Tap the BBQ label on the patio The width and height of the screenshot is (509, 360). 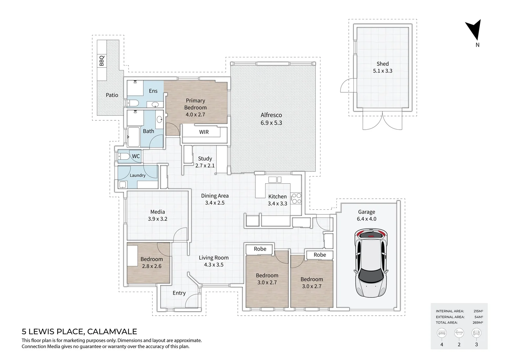point(102,61)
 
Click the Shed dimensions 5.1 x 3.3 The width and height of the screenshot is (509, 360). point(382,71)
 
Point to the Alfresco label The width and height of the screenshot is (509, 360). point(271,115)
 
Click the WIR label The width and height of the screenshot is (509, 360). point(204,132)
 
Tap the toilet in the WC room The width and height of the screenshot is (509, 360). point(124,156)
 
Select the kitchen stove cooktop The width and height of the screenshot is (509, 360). point(296,198)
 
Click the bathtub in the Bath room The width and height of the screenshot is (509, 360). point(134,137)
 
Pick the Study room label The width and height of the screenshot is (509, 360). point(205,159)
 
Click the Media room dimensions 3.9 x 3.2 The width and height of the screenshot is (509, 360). point(158,219)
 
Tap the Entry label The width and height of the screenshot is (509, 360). point(179,293)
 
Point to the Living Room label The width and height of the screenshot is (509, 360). point(214,258)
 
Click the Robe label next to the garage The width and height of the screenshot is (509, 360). point(319,255)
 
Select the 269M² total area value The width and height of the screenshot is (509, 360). point(478,323)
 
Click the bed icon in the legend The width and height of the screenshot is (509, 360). point(442,333)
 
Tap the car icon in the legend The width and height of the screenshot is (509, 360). point(476,333)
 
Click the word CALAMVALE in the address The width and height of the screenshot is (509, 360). point(112,332)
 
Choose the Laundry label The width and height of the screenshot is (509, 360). point(138,175)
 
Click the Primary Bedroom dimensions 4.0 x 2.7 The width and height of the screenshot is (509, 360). point(195,114)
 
